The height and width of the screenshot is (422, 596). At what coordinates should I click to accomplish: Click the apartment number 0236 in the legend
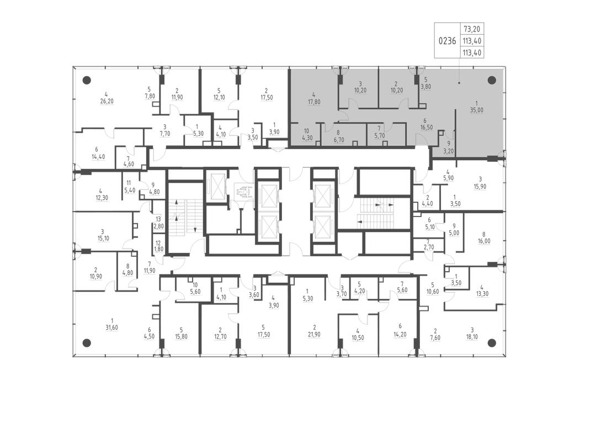[x=447, y=41]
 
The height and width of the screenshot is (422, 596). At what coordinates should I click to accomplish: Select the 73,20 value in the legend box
[x=472, y=29]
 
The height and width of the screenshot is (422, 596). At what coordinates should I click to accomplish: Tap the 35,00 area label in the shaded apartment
[x=477, y=110]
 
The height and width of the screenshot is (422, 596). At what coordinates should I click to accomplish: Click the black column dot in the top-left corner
[x=87, y=80]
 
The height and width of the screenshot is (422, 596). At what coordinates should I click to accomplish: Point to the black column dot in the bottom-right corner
[x=492, y=343]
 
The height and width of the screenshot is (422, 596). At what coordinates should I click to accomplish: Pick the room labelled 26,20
[x=107, y=101]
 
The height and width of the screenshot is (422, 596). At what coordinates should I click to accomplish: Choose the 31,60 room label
[x=111, y=328]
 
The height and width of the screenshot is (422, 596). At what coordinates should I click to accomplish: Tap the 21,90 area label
[x=315, y=335]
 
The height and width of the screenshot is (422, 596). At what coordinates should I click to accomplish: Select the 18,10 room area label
[x=472, y=337]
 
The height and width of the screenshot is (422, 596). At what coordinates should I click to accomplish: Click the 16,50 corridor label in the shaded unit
[x=427, y=128]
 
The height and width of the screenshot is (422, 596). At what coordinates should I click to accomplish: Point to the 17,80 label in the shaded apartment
[x=314, y=102]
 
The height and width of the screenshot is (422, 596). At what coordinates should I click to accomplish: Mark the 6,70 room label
[x=338, y=140]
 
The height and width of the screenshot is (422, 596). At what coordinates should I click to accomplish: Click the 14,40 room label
[x=98, y=157]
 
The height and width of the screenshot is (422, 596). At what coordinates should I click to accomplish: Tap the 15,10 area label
[x=103, y=239]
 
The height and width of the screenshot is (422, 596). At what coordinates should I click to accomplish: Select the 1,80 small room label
[x=158, y=250]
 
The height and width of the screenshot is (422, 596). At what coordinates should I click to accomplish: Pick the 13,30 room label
[x=482, y=294]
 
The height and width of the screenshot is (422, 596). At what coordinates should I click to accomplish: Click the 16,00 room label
[x=484, y=241]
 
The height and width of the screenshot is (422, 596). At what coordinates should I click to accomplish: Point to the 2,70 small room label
[x=428, y=247]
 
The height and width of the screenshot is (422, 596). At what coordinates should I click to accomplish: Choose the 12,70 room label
[x=220, y=336]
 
